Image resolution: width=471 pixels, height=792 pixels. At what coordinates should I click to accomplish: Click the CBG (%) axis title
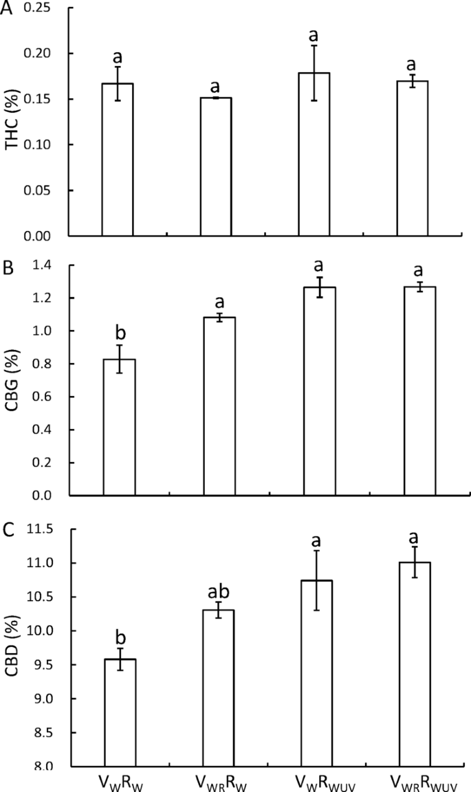point(12,381)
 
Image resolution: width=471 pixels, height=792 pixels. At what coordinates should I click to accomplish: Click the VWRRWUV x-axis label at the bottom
point(415,781)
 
